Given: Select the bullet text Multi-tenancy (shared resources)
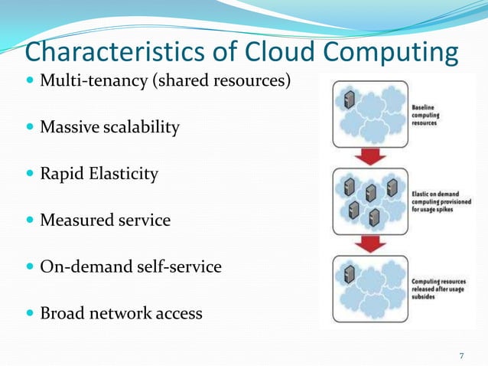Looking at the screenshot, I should pyautogui.click(x=165, y=80).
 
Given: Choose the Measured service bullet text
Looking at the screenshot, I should pyautogui.click(x=105, y=221).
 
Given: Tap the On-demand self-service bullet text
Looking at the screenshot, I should pyautogui.click(x=130, y=267).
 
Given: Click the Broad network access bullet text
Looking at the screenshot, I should pyautogui.click(x=121, y=313).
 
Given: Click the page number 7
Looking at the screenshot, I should pyautogui.click(x=461, y=355).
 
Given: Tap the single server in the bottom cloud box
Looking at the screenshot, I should pyautogui.click(x=350, y=273).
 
